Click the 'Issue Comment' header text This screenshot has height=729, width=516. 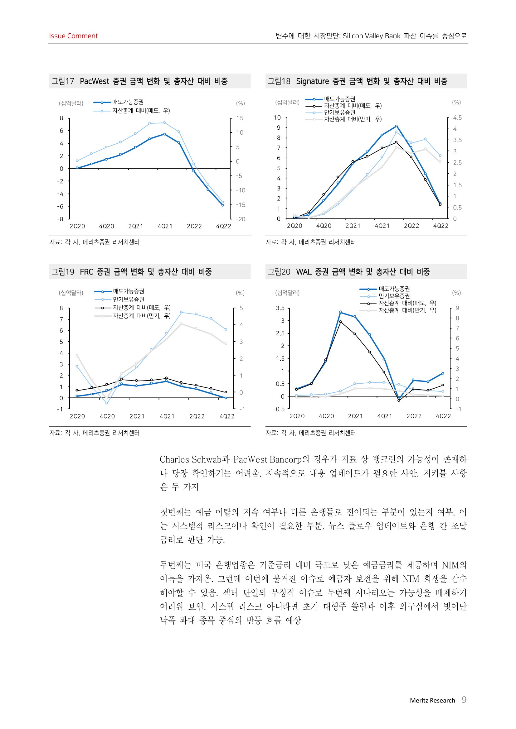(73, 36)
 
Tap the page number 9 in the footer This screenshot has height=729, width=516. (464, 699)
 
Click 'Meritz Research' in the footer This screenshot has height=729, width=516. (432, 700)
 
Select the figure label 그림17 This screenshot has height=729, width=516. (63, 81)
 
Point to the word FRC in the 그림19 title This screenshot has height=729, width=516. (86, 272)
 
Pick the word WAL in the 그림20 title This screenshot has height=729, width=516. (304, 272)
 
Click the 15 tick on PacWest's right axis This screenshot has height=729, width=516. (240, 118)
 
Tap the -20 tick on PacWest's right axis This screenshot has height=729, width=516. (240, 219)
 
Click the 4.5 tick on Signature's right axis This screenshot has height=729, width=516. (457, 118)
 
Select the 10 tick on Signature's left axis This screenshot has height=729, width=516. (277, 118)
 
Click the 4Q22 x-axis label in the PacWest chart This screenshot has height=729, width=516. (223, 226)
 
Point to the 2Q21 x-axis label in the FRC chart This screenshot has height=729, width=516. (137, 416)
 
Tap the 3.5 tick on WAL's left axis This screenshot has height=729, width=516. (280, 308)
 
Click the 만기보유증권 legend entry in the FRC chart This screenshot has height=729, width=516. (128, 300)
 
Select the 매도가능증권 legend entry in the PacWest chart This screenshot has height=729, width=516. (128, 102)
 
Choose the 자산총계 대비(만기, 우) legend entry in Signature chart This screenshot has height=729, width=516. (353, 119)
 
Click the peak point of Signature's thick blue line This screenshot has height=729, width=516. (396, 126)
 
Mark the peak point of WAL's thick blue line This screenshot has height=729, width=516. (340, 312)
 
